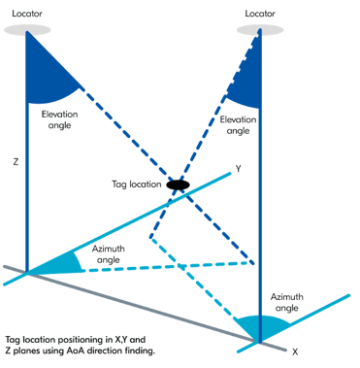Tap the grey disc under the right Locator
[258, 29]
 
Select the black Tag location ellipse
[178, 184]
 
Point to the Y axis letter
[237, 167]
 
